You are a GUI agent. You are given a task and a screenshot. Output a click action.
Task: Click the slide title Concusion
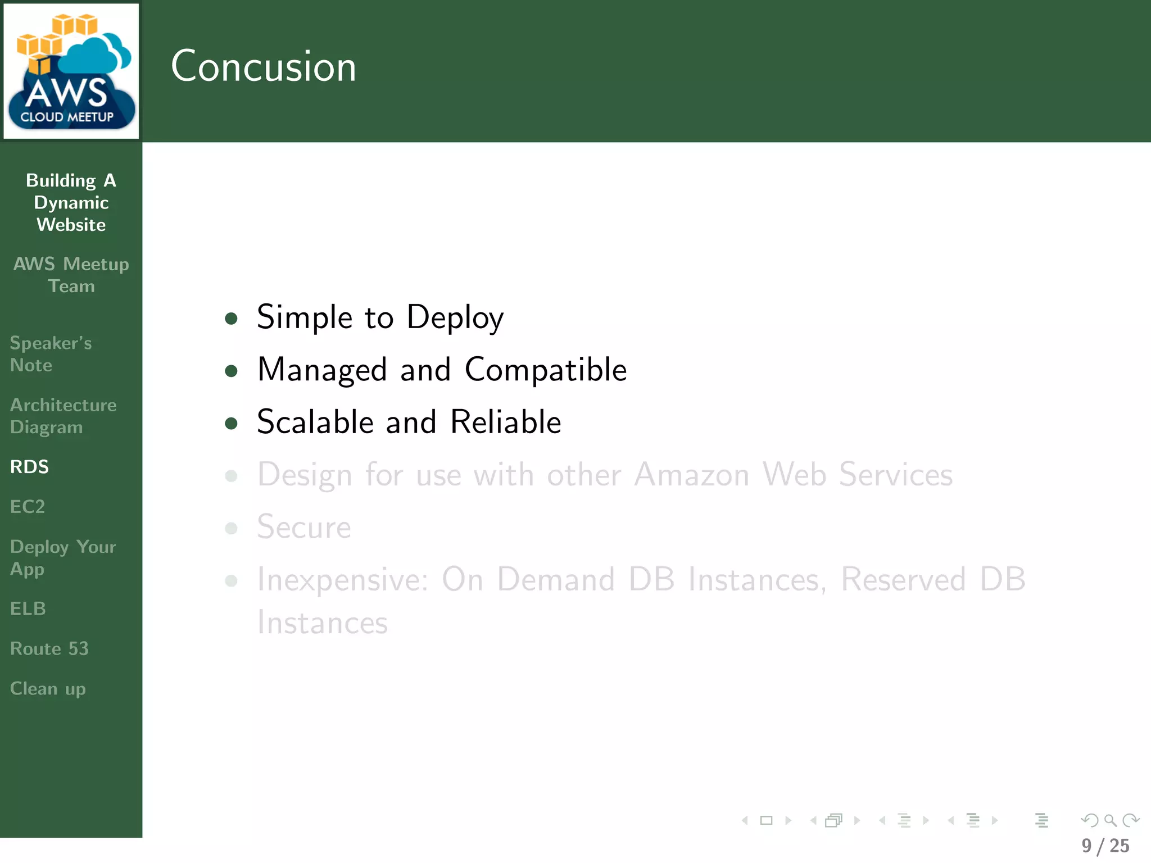(263, 66)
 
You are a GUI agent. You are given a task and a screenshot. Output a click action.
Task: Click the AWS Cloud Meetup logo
(71, 71)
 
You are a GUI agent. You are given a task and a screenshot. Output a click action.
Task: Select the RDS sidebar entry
(30, 467)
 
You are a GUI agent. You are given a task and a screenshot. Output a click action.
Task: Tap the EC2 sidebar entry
(28, 507)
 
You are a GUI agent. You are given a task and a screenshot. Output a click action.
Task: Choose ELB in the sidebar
(28, 608)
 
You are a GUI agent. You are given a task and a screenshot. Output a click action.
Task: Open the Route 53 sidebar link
(49, 648)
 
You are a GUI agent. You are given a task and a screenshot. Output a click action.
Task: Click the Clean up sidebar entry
(48, 689)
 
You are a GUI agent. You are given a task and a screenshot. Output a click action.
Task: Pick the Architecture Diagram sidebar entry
(63, 416)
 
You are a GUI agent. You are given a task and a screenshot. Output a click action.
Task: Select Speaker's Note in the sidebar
(51, 354)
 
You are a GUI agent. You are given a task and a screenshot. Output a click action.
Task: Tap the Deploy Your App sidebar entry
(63, 557)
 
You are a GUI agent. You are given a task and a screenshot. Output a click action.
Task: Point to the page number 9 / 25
(1105, 846)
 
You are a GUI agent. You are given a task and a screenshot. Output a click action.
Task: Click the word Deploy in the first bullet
(455, 317)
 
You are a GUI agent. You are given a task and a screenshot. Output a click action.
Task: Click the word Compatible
(545, 370)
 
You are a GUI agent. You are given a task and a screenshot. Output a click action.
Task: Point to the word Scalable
(315, 422)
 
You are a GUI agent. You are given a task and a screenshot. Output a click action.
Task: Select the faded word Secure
(304, 527)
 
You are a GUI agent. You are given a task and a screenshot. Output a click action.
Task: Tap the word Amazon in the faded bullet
(692, 475)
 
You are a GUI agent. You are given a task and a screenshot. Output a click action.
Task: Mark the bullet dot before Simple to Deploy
(231, 319)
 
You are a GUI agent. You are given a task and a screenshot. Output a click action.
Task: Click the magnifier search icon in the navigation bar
(1110, 820)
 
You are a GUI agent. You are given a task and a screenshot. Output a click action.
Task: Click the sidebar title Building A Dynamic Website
(71, 202)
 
